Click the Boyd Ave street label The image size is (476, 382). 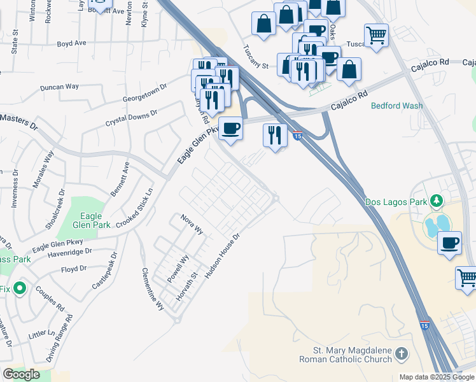[71, 43]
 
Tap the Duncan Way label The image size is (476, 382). [59, 87]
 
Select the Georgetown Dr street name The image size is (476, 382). [144, 93]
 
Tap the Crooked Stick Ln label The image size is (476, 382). [136, 208]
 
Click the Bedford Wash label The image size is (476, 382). [397, 106]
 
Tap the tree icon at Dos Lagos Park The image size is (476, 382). [437, 202]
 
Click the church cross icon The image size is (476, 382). [401, 353]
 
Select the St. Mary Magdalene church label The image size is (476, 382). [352, 355]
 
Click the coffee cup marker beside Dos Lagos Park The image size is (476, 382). [450, 243]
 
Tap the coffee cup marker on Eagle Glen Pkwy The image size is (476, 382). [230, 128]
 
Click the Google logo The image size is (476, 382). [22, 374]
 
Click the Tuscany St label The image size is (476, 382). [256, 57]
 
